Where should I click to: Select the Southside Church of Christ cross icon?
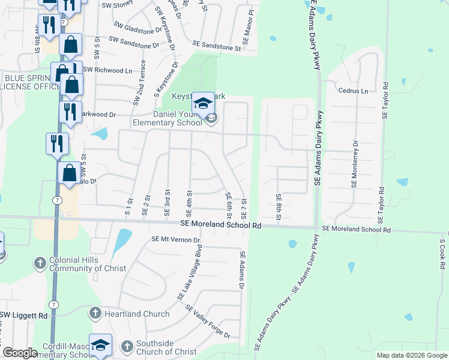[x=126, y=346]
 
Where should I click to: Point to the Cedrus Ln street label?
[x=353, y=91]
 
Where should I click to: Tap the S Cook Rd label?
[x=442, y=254]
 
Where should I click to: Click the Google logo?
[x=20, y=353]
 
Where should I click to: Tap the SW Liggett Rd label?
[x=23, y=315]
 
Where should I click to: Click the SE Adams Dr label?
[x=243, y=271]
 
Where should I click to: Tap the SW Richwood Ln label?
[x=107, y=70]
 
